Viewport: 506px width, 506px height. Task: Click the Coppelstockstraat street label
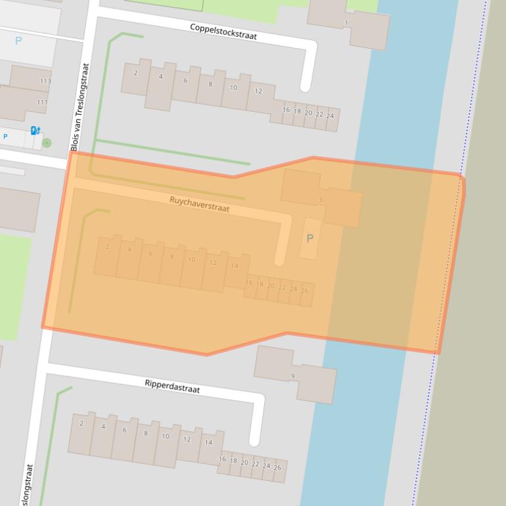point(223,31)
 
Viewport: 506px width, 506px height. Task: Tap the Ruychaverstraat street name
point(199,204)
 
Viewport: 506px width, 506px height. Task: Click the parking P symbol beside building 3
point(310,239)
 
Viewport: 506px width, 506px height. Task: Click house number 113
point(45,81)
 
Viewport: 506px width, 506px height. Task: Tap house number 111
point(42,102)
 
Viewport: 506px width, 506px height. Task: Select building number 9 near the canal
point(292,377)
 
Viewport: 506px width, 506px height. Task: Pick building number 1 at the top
point(346,24)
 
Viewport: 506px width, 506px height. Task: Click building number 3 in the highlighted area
point(320,200)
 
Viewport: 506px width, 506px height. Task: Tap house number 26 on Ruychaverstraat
point(304,290)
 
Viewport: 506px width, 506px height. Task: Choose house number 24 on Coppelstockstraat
point(330,116)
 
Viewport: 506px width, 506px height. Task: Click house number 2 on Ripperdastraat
point(81,423)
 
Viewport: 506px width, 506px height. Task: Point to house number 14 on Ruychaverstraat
point(235,266)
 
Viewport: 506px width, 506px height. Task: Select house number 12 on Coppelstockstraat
point(258,91)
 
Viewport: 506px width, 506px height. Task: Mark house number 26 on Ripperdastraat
point(277,468)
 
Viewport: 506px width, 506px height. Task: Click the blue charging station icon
point(35,131)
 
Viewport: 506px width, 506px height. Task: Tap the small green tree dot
point(47,142)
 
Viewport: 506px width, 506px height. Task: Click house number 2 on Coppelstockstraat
point(135,73)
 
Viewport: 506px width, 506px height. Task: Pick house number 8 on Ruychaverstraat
point(172,256)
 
